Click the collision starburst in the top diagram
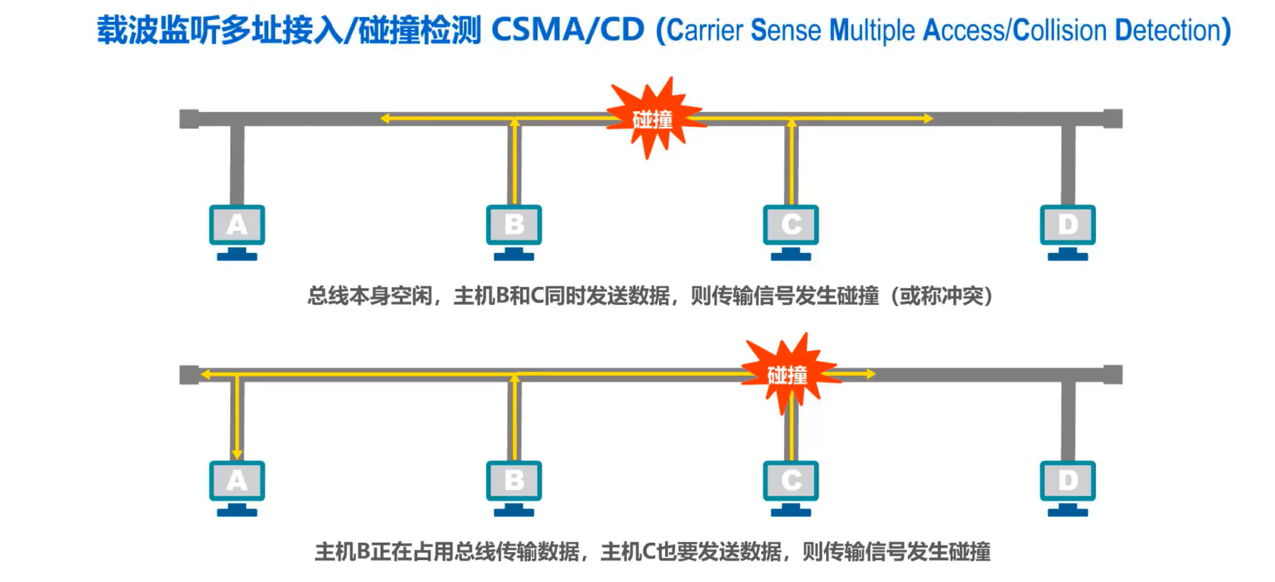(652, 118)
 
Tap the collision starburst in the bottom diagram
(788, 374)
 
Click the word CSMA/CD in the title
(567, 30)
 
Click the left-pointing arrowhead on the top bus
(385, 118)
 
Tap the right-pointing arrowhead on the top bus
(928, 118)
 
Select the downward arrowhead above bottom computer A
(237, 454)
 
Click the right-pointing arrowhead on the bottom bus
(870, 374)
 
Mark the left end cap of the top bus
(189, 118)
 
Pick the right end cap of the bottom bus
(1113, 374)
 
